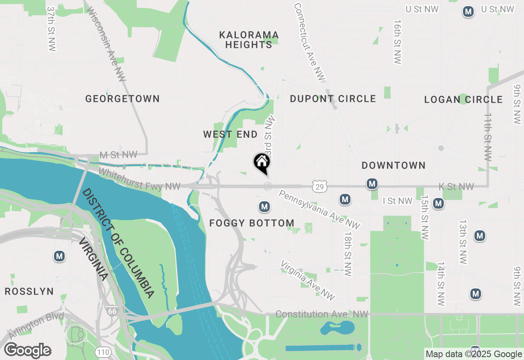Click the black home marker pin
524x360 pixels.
point(262,163)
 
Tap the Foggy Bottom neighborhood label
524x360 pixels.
point(252,223)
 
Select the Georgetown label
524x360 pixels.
point(122,99)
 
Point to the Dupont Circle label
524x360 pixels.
point(333,99)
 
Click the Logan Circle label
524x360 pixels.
point(463,99)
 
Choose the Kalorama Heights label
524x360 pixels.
point(249,40)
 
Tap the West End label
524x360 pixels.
point(230,134)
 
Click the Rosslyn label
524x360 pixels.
point(29,291)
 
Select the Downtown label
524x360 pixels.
point(393,165)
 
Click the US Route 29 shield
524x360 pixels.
point(319,187)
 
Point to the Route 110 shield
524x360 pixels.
point(102,352)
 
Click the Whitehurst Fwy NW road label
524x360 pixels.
point(139,180)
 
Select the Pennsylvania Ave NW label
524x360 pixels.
point(320,209)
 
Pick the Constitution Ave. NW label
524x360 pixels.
point(322,314)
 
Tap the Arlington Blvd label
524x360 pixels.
point(36,326)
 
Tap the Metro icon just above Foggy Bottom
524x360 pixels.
point(264,207)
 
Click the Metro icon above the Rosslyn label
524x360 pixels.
point(59,256)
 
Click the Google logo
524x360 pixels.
point(27,351)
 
